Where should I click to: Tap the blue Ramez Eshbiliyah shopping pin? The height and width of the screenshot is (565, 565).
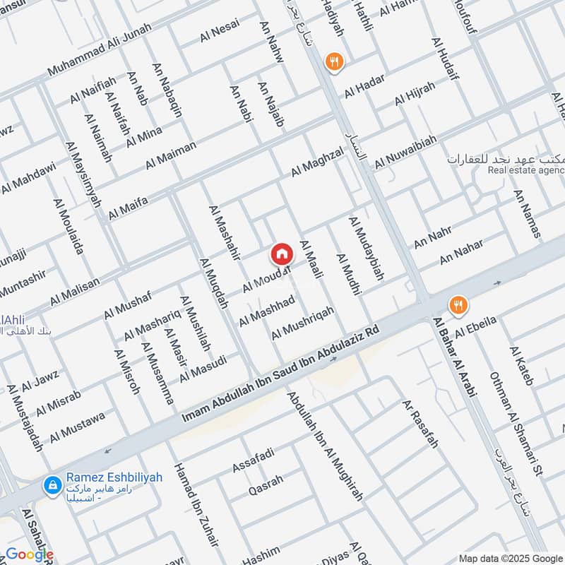point(51,484)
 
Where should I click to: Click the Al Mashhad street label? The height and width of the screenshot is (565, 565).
point(266,310)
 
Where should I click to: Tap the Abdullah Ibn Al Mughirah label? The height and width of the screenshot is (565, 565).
point(325,446)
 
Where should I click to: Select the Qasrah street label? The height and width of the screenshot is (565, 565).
point(266,484)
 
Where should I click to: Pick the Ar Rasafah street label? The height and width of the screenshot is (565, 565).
point(420,424)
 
